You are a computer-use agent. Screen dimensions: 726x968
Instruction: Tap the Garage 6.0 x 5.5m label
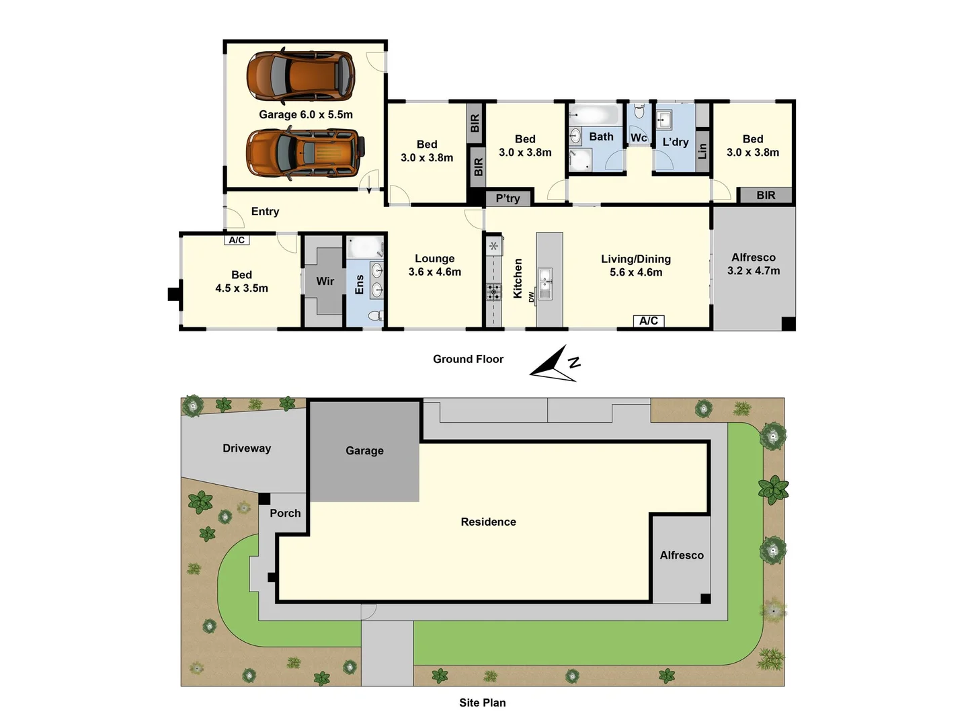click(306, 114)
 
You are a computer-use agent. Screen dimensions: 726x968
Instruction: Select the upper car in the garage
click(300, 75)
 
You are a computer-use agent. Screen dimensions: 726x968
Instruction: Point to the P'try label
click(508, 198)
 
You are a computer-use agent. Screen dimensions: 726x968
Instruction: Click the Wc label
click(639, 138)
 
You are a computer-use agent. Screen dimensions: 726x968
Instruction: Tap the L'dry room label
click(675, 142)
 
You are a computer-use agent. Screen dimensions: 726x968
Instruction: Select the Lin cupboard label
click(702, 151)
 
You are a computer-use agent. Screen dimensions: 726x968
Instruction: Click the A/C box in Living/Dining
click(649, 321)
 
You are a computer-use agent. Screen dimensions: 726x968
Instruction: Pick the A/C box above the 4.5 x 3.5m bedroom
click(237, 240)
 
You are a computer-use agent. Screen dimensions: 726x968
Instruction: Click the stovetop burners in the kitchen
click(493, 292)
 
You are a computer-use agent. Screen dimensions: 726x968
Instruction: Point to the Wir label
click(325, 281)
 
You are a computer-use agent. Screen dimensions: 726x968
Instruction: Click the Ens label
click(360, 284)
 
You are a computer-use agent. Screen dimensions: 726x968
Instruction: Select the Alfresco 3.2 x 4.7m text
click(754, 264)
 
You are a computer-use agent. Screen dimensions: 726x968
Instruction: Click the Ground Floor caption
click(468, 359)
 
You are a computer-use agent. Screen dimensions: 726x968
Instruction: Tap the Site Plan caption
click(483, 702)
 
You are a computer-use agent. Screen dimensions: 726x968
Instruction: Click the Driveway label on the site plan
click(247, 448)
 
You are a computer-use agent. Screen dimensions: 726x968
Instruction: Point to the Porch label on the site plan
click(285, 513)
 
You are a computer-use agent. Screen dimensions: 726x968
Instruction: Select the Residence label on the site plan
click(488, 522)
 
